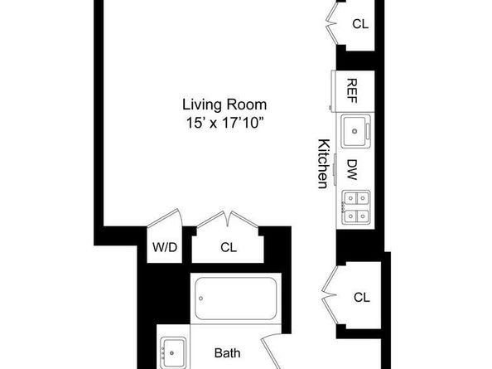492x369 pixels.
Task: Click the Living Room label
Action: tap(224, 104)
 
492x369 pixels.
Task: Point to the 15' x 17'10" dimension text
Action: tap(224, 123)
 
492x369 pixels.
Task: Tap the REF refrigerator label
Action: tap(352, 90)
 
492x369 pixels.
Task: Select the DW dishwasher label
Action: tap(352, 170)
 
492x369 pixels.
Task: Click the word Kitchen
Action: tap(323, 163)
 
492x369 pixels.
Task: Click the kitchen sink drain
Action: tap(355, 131)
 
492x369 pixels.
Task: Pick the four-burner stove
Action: tap(356, 207)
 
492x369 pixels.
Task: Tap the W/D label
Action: tap(165, 247)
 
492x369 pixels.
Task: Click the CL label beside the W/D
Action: tap(229, 247)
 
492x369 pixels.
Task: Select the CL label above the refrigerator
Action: tap(360, 24)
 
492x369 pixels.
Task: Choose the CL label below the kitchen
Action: tap(361, 297)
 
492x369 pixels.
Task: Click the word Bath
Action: tap(228, 353)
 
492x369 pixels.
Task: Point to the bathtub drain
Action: tap(200, 299)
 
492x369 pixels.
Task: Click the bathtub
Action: tap(235, 299)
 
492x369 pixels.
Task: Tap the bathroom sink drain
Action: tap(171, 353)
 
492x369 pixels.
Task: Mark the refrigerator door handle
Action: tap(330, 108)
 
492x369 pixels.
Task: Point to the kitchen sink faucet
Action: tap(368, 131)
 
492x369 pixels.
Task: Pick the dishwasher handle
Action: tap(335, 170)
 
